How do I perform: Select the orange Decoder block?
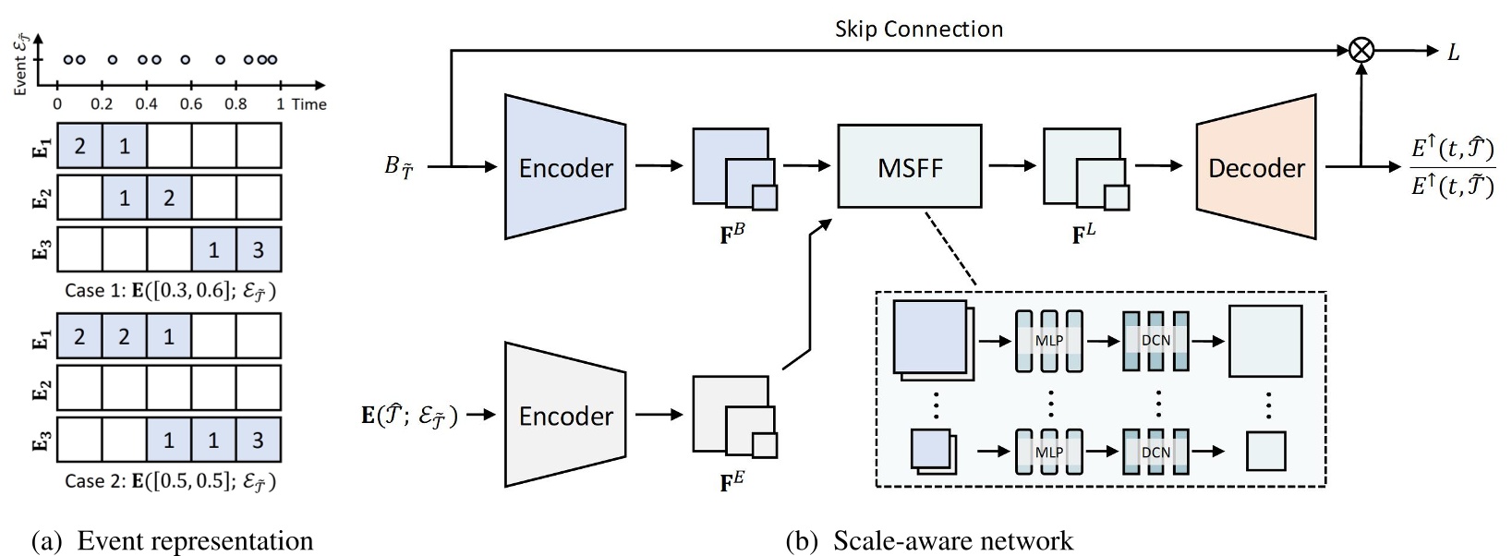pos(1256,167)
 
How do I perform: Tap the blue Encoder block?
pos(565,167)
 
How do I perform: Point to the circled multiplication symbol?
pos(1361,52)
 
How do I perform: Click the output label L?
pos(1453,53)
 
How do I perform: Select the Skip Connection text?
pos(918,29)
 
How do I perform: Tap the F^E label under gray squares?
pos(732,481)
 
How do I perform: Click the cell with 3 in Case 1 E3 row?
pos(259,250)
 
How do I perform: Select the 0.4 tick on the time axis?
pos(147,104)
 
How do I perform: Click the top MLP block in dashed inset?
pos(1048,341)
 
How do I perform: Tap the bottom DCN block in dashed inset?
pos(1155,452)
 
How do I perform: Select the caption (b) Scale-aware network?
pos(929,540)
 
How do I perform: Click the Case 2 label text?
pos(170,481)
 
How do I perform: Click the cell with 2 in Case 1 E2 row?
pos(169,198)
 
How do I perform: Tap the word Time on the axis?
pos(308,104)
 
